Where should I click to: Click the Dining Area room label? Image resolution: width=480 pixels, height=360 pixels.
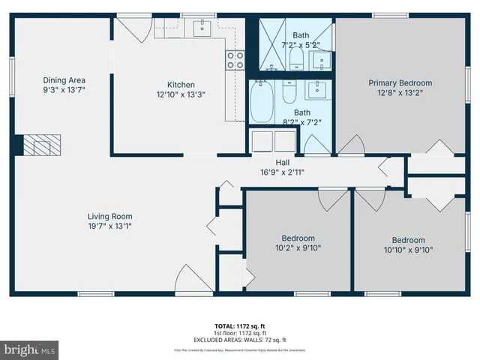click(x=64, y=79)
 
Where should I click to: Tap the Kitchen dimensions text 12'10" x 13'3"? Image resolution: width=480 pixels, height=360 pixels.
click(x=181, y=95)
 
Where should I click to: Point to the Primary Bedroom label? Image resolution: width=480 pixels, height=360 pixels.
click(x=400, y=83)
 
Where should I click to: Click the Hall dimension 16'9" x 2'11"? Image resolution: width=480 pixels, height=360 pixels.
click(x=282, y=172)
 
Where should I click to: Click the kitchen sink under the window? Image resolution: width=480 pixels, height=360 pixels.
click(x=203, y=29)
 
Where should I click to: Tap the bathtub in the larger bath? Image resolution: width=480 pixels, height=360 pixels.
click(x=262, y=100)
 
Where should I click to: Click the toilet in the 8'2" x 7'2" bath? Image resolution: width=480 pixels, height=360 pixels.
click(x=289, y=94)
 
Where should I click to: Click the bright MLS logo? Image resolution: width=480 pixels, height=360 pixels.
click(x=29, y=349)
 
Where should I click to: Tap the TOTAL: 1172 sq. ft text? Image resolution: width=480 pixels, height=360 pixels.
click(x=240, y=326)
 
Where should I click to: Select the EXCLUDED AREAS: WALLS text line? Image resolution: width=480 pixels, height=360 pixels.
click(x=240, y=340)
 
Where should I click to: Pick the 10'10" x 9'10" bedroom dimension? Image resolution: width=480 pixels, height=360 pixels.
click(x=408, y=250)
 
